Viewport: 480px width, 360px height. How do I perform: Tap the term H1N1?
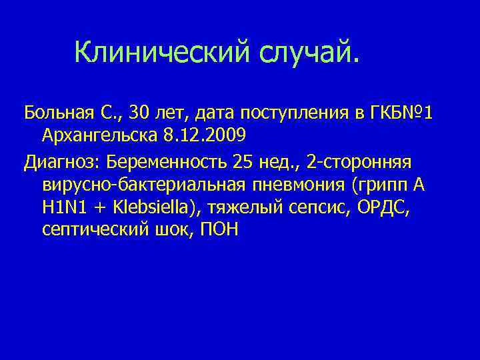64,207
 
